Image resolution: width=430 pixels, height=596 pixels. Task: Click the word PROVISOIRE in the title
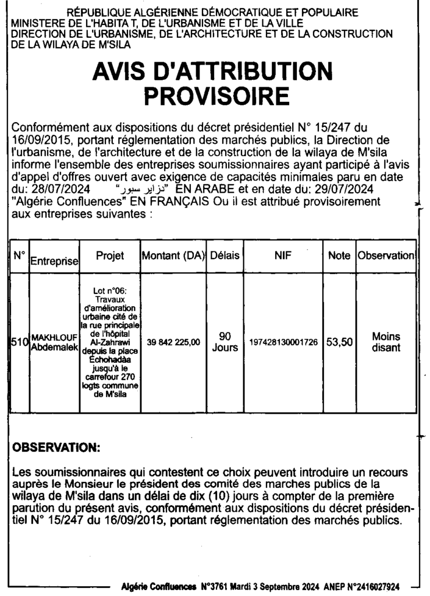[216, 95]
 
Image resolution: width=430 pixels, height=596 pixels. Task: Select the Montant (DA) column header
[173, 256]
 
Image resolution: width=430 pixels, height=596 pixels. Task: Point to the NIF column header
[283, 256]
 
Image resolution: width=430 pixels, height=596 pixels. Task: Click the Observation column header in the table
[386, 256]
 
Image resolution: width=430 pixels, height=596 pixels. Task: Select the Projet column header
[110, 256]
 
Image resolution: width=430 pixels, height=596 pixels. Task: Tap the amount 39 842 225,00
[173, 342]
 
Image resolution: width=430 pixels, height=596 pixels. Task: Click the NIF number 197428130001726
[283, 342]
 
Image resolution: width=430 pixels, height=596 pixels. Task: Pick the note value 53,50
[339, 342]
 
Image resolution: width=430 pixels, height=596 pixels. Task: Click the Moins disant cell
[386, 342]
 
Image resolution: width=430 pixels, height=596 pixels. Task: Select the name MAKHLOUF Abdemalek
[54, 342]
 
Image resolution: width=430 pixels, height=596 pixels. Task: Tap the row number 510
[20, 342]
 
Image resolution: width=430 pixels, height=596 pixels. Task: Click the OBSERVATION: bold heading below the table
[56, 449]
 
